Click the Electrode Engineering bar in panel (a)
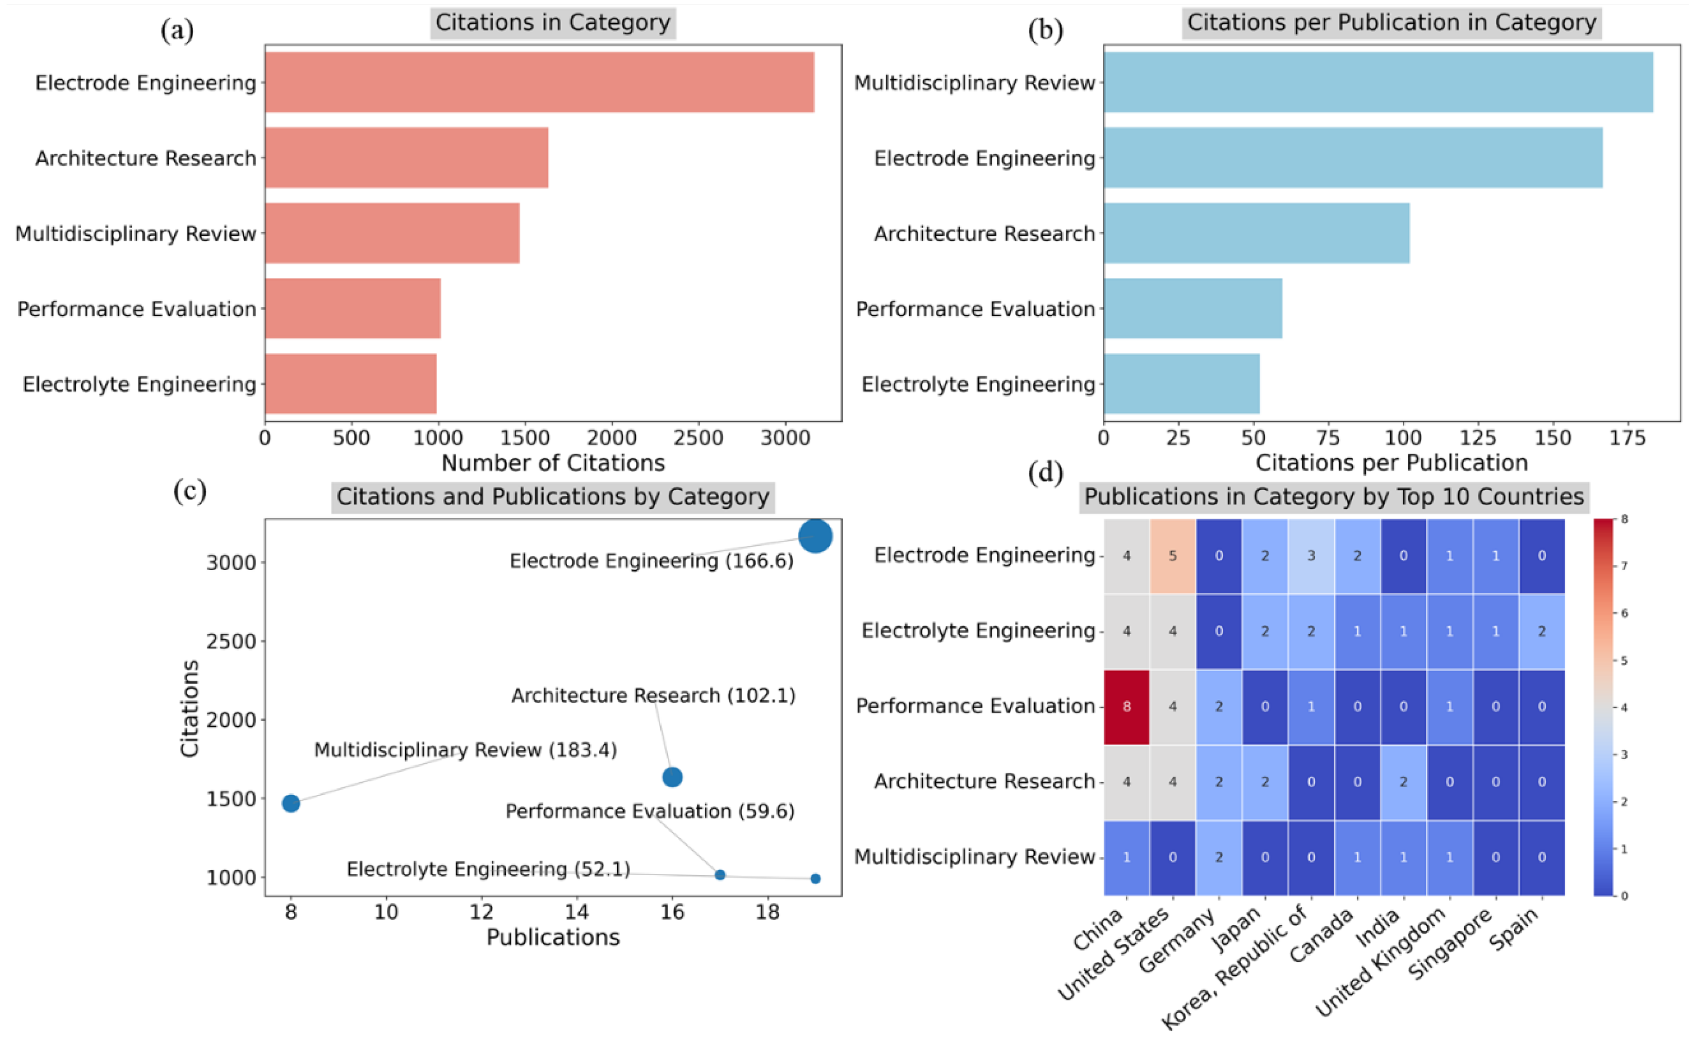(x=539, y=82)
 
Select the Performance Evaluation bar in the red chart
(x=352, y=308)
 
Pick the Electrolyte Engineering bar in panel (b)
(x=1182, y=384)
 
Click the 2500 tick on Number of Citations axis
(x=698, y=437)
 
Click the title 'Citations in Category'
(x=552, y=23)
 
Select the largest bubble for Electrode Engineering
(x=815, y=537)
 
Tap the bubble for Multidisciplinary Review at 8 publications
(x=291, y=803)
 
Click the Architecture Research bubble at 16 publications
(x=672, y=777)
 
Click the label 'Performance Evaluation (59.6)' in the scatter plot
(x=650, y=811)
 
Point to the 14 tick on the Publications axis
(x=576, y=912)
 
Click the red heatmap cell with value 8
(x=1127, y=706)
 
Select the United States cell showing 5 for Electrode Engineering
(x=1173, y=556)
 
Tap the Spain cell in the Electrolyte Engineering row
(x=1541, y=631)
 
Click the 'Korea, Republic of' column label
(x=1234, y=968)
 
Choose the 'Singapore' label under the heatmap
(x=1450, y=943)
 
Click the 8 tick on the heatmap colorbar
(x=1623, y=519)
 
